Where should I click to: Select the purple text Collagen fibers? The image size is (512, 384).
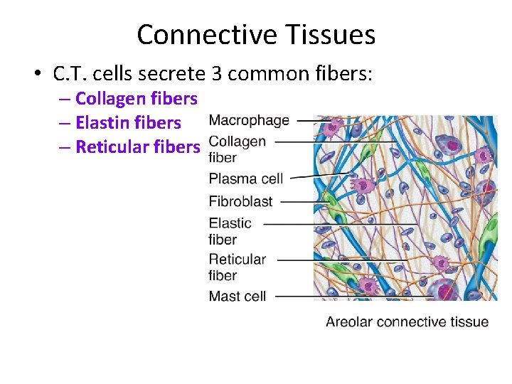pyautogui.click(x=136, y=98)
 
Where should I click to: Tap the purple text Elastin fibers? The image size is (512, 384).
pyautogui.click(x=128, y=122)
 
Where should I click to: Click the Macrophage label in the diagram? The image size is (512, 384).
pyautogui.click(x=249, y=120)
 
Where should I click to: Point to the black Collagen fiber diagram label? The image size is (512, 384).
pyautogui.click(x=238, y=149)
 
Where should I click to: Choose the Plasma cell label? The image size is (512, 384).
pyautogui.click(x=246, y=178)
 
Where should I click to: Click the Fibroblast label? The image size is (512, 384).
pyautogui.click(x=241, y=201)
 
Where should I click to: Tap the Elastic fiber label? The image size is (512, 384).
pyautogui.click(x=230, y=231)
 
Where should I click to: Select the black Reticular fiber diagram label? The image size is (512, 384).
pyautogui.click(x=238, y=267)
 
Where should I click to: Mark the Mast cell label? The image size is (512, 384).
pyautogui.click(x=238, y=296)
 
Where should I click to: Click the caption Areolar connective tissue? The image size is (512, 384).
pyautogui.click(x=407, y=322)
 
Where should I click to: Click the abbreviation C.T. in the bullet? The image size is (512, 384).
pyautogui.click(x=72, y=73)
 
